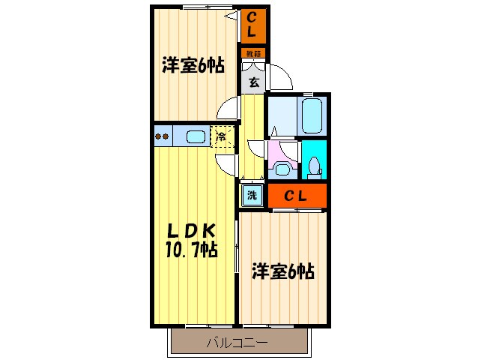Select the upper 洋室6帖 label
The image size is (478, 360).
pos(192,66)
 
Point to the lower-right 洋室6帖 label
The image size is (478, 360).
pos(282,271)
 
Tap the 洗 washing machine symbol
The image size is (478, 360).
pos(252,196)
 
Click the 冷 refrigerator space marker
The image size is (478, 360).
pos(222,137)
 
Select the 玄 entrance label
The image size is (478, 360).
pos(254,82)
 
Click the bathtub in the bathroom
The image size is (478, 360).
pos(312,115)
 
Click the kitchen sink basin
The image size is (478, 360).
pos(196,136)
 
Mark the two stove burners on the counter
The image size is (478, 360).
pos(163,136)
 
